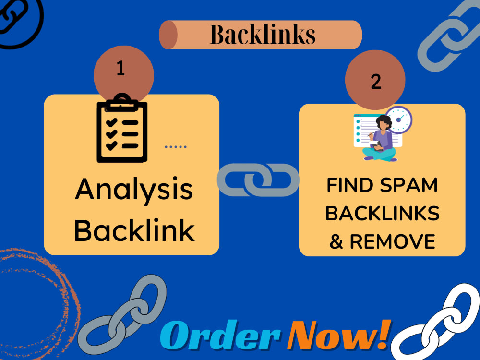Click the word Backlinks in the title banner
coord(263,34)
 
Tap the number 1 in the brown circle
coord(120,68)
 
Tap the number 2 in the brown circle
coord(376,82)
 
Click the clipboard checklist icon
coord(122,128)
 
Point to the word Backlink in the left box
coord(134,230)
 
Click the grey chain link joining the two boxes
coord(258,180)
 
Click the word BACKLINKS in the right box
coord(383,214)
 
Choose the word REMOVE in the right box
coord(393,241)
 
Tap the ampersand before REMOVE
coord(336,241)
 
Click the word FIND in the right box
coord(349,185)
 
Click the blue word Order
coord(221,335)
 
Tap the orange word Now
coord(332,335)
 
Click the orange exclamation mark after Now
coord(384,334)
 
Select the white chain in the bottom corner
coord(436,323)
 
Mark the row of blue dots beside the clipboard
coord(176,147)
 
